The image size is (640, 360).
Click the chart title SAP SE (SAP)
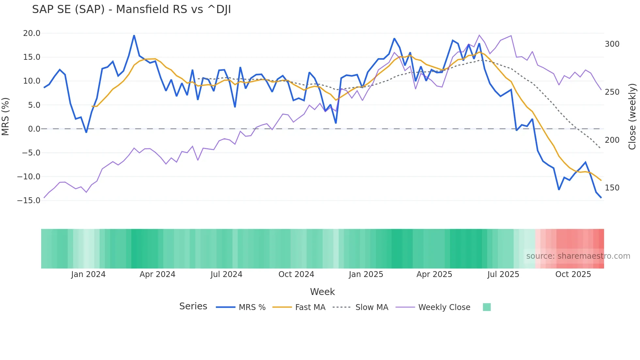(x=131, y=9)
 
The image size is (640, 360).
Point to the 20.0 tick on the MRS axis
(x=32, y=33)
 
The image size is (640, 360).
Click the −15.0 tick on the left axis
(x=29, y=201)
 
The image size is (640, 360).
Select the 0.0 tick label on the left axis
(x=34, y=129)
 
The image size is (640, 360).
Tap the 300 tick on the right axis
(x=612, y=44)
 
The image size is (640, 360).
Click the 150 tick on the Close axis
(x=612, y=188)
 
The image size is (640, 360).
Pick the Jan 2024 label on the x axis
(x=88, y=274)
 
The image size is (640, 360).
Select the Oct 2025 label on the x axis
(x=573, y=274)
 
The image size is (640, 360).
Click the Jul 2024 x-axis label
(x=226, y=274)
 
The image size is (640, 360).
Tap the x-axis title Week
(x=322, y=292)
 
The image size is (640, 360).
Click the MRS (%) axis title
(x=6, y=116)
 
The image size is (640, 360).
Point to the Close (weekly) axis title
(x=632, y=116)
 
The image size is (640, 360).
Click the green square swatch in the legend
(x=487, y=307)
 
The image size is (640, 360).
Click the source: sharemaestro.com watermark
(x=578, y=256)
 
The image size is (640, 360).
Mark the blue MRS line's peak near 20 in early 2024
(x=134, y=35)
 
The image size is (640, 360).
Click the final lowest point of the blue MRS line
(x=601, y=198)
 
